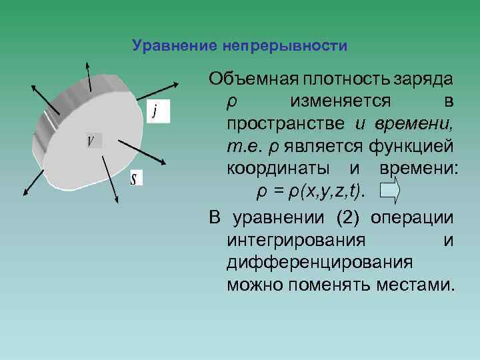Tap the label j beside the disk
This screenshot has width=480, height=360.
[155, 111]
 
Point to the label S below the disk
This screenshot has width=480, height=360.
[134, 178]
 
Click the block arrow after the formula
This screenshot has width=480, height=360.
[390, 192]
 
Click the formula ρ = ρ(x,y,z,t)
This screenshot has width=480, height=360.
[311, 192]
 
